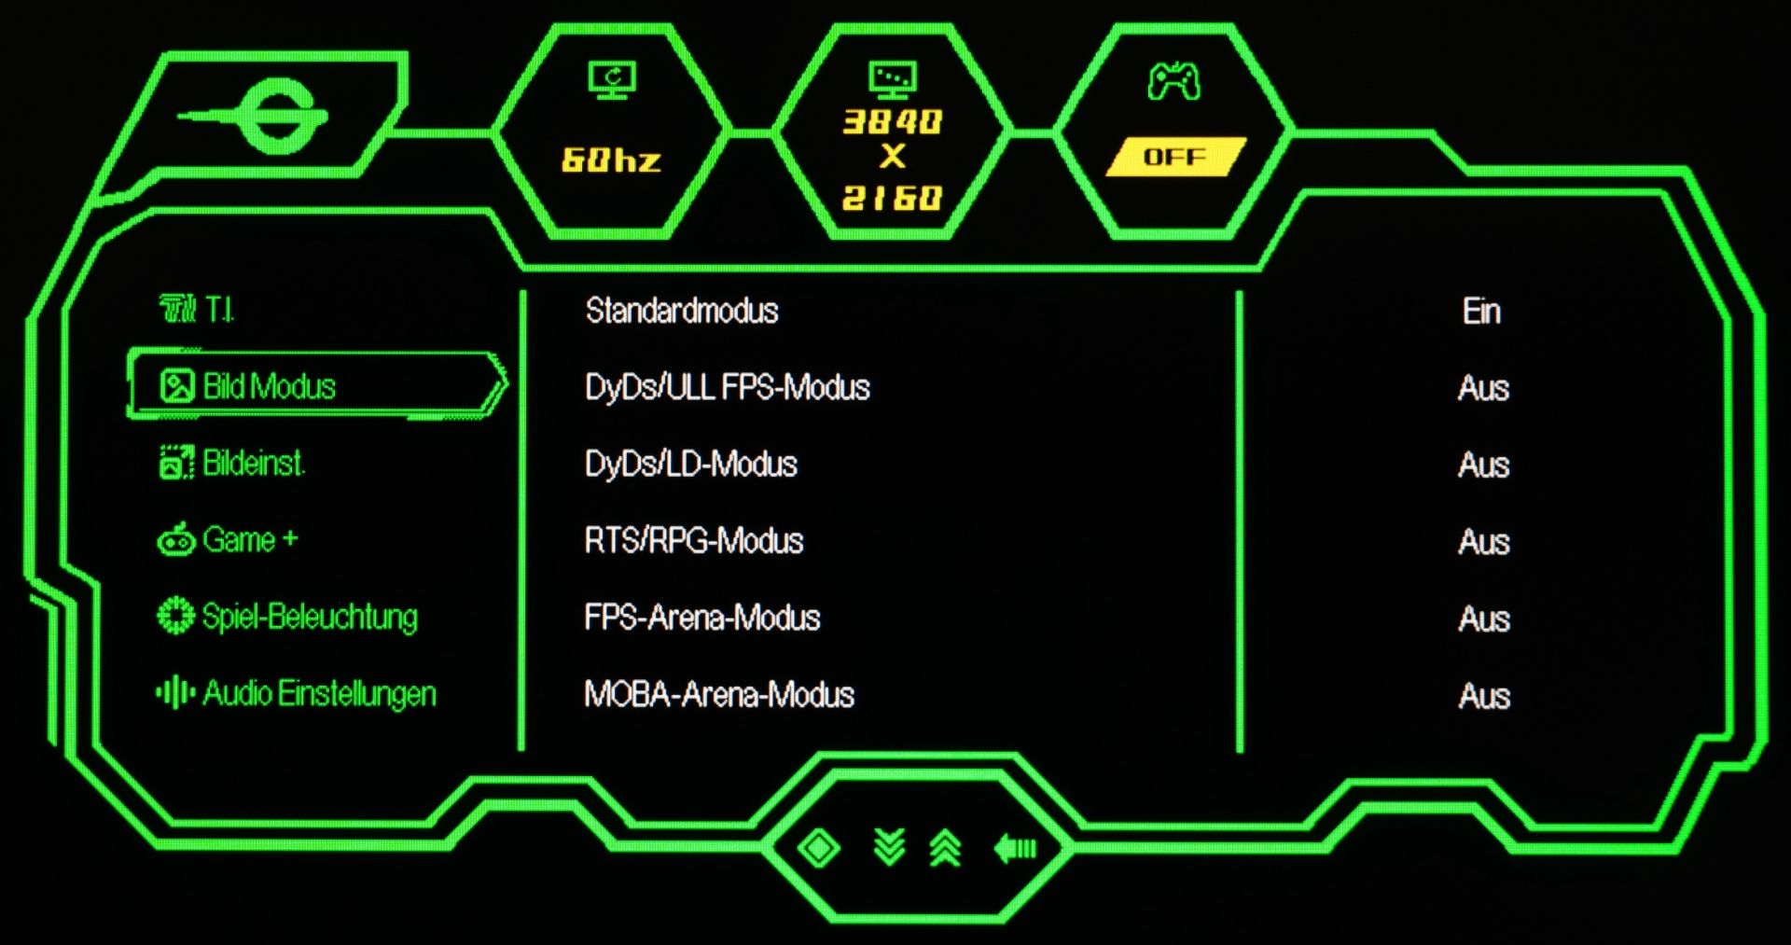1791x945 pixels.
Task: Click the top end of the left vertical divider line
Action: pyautogui.click(x=522, y=292)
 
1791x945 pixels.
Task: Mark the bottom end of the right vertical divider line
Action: pyautogui.click(x=1240, y=751)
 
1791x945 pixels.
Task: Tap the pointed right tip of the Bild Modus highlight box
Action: pyautogui.click(x=506, y=382)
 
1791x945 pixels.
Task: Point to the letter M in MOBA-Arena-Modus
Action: pyautogui.click(x=598, y=694)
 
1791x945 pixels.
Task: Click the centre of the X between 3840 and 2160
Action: pyautogui.click(x=893, y=157)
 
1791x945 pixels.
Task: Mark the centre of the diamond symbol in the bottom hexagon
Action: pyautogui.click(x=819, y=848)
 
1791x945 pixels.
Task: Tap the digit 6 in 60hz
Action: pyautogui.click(x=574, y=160)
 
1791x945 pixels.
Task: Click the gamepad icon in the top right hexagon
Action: pyautogui.click(x=1173, y=80)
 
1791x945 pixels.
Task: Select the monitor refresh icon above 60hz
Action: pyautogui.click(x=612, y=80)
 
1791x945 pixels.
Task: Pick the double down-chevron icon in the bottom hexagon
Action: pyautogui.click(x=890, y=847)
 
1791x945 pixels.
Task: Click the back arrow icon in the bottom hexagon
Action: pyautogui.click(x=1015, y=848)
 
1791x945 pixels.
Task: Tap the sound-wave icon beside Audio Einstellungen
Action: pyautogui.click(x=175, y=693)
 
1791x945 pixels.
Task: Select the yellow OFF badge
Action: pyautogui.click(x=1175, y=157)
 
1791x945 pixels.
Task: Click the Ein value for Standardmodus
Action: pyautogui.click(x=1481, y=311)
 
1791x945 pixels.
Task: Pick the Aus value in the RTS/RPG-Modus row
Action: pyautogui.click(x=1483, y=542)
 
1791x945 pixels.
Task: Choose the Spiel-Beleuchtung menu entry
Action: pyautogui.click(x=287, y=617)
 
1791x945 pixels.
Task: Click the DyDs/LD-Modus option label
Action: pyautogui.click(x=691, y=464)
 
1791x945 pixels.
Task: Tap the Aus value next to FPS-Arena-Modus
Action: pyautogui.click(x=1483, y=618)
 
